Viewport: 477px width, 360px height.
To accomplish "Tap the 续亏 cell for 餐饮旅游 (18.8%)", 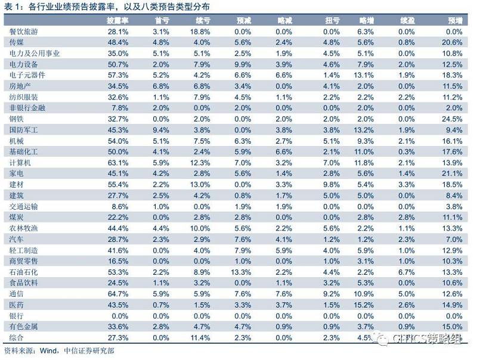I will pos(200,31).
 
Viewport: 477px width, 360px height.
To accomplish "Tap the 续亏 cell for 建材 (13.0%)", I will pos(200,184).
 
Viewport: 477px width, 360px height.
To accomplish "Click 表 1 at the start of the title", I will pos(12,7).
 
